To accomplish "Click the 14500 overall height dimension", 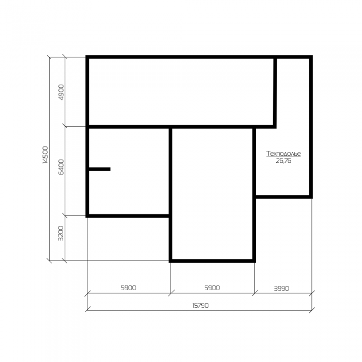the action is point(46,155).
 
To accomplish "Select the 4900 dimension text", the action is point(61,93).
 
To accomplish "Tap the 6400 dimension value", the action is point(61,167).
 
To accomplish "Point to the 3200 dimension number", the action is point(61,233).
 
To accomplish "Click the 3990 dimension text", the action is point(281,289).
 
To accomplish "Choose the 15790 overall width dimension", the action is point(201,306).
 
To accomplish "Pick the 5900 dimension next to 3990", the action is point(212,288).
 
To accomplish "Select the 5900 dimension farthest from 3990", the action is point(128,288).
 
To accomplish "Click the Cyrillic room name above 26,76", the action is point(283,154).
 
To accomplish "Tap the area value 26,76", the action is point(283,161).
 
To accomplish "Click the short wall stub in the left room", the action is point(99,169).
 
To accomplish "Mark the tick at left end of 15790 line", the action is point(87,309).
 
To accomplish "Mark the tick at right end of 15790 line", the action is point(312,310).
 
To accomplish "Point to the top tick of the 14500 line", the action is point(50,57).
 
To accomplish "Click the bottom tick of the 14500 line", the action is point(50,261).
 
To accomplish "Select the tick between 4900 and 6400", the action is point(65,126).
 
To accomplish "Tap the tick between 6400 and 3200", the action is point(65,216).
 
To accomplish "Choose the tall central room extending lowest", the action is point(212,194).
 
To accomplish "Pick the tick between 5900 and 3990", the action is point(254,293).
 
